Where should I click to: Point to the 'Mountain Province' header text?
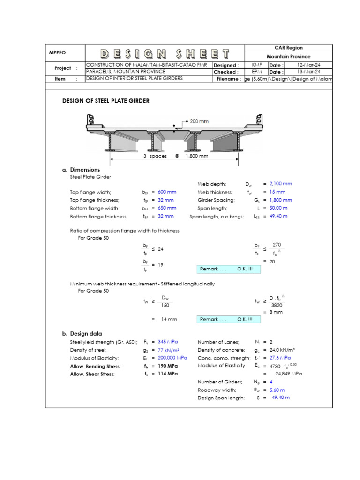click(288, 56)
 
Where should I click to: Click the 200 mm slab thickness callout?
click(199, 121)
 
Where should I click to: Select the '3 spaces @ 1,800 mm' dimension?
click(176, 156)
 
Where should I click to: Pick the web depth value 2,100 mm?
click(281, 184)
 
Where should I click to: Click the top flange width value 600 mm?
click(167, 192)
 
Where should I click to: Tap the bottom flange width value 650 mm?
click(167, 208)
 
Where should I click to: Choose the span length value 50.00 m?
click(278, 208)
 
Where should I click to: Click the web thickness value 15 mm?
click(277, 192)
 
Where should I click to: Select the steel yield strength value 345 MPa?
click(168, 342)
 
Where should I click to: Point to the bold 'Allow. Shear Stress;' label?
click(92, 374)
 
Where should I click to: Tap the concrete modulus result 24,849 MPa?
click(288, 374)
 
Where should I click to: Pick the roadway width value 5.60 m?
click(277, 390)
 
